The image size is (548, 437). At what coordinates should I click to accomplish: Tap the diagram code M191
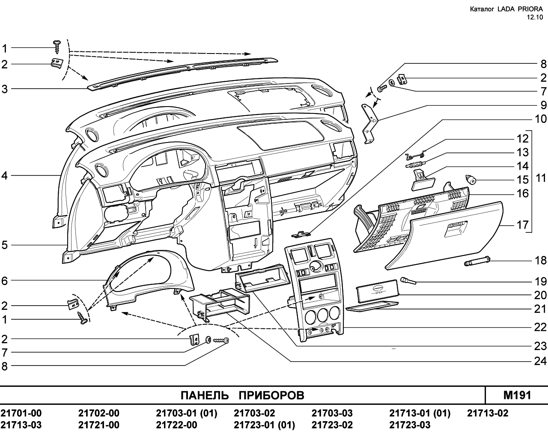(517, 395)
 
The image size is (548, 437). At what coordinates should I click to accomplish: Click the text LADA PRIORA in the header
(520, 9)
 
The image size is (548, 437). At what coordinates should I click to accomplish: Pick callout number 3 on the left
(4, 89)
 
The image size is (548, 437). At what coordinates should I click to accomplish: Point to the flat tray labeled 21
(372, 307)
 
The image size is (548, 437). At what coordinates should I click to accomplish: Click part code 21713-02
(487, 413)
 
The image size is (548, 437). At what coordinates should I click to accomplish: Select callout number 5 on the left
(4, 245)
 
